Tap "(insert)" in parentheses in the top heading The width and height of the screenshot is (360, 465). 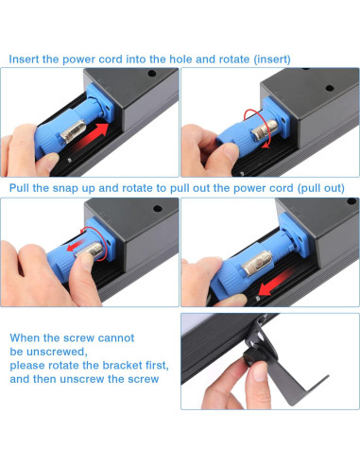tap(272, 60)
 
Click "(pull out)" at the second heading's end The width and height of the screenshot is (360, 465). tap(321, 188)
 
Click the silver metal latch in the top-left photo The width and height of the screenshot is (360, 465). tap(72, 132)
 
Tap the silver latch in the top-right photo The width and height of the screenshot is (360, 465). tap(266, 130)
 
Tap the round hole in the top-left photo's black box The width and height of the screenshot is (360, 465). tap(152, 74)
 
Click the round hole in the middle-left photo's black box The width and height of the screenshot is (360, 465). tap(158, 208)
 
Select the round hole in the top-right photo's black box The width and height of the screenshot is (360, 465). tap(330, 88)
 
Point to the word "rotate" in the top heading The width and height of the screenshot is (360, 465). tap(234, 60)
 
